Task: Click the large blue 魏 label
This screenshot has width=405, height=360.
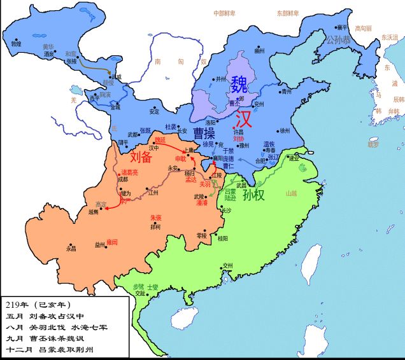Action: (240, 83)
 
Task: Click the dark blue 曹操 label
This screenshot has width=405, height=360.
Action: (201, 133)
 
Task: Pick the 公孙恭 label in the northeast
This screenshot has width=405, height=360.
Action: (337, 39)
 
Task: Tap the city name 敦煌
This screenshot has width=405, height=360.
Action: (16, 44)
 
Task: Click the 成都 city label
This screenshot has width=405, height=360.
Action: (122, 179)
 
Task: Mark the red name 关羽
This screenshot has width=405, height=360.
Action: (205, 183)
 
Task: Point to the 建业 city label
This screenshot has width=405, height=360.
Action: (294, 158)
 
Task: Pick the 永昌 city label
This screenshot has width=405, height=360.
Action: (71, 249)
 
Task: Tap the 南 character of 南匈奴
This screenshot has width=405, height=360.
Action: (157, 62)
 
